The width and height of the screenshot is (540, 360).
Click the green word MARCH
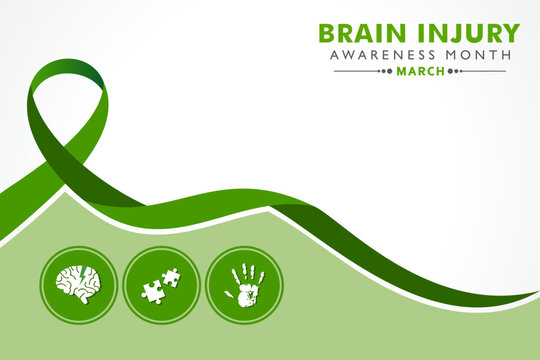420,72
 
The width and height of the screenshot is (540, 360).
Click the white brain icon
77,284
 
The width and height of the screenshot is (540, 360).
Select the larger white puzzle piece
154,291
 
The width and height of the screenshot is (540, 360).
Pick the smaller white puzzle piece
171,277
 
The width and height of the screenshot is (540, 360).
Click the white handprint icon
244,284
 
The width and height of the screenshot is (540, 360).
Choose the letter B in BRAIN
327,32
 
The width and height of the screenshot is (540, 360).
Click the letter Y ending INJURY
512,32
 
